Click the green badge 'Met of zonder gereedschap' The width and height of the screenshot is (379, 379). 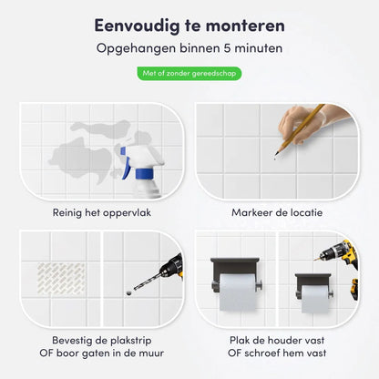click(189, 72)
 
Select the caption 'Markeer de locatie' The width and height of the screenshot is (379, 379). click(277, 213)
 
